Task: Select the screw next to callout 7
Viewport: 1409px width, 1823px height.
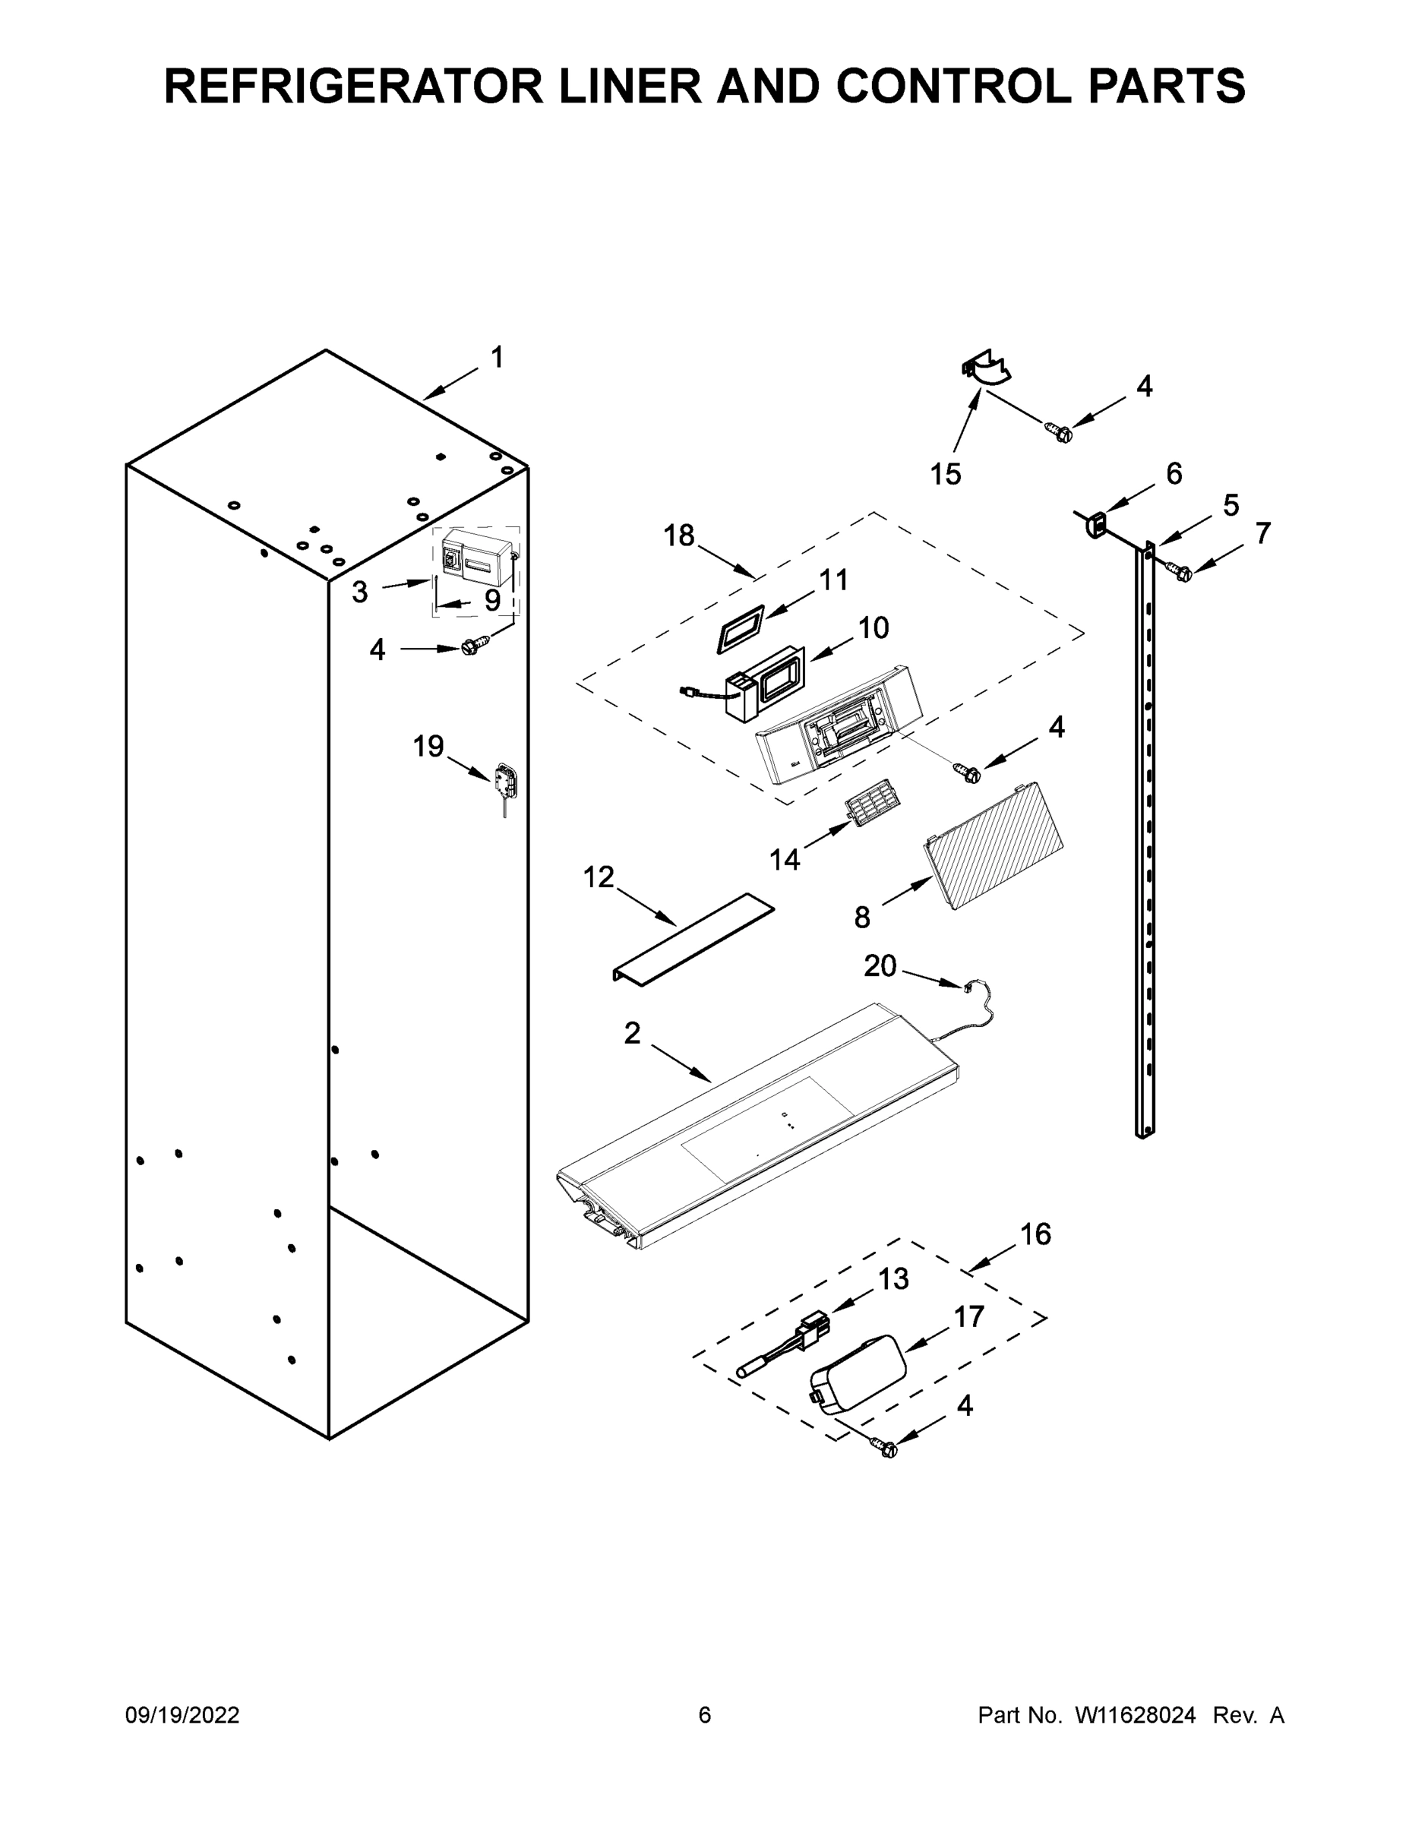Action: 1183,572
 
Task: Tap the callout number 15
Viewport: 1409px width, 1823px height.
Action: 946,475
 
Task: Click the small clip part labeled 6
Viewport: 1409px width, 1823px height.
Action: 1096,524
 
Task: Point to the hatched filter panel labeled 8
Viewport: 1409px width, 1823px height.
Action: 994,844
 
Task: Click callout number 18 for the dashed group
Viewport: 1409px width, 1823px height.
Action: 678,536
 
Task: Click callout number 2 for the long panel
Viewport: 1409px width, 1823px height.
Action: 632,1032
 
